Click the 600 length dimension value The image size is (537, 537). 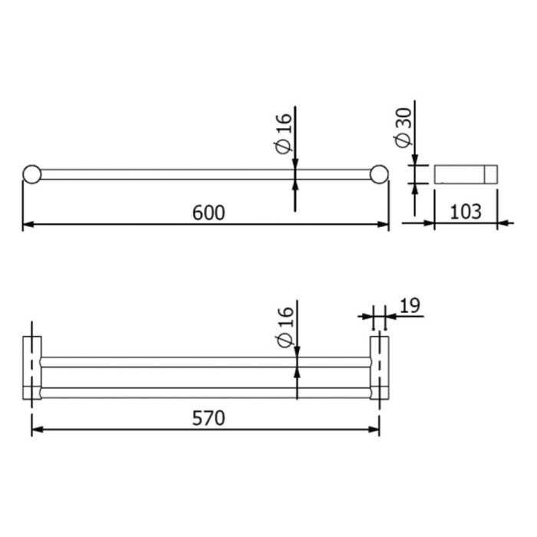tap(209, 212)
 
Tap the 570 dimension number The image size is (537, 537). tap(208, 418)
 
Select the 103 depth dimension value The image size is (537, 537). tap(466, 211)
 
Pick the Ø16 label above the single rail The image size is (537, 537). tap(283, 132)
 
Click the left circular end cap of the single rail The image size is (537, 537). tap(31, 174)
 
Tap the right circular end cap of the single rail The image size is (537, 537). tap(379, 174)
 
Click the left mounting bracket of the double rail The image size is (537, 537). tap(32, 367)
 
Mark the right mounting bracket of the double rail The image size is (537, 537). tap(379, 367)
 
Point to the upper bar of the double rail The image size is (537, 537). tap(207, 361)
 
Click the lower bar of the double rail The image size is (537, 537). tap(207, 392)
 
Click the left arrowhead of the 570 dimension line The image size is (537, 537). tap(37, 430)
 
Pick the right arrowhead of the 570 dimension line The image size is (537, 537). tap(374, 430)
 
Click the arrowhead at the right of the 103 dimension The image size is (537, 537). tap(502, 224)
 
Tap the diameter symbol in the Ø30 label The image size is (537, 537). tap(402, 140)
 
